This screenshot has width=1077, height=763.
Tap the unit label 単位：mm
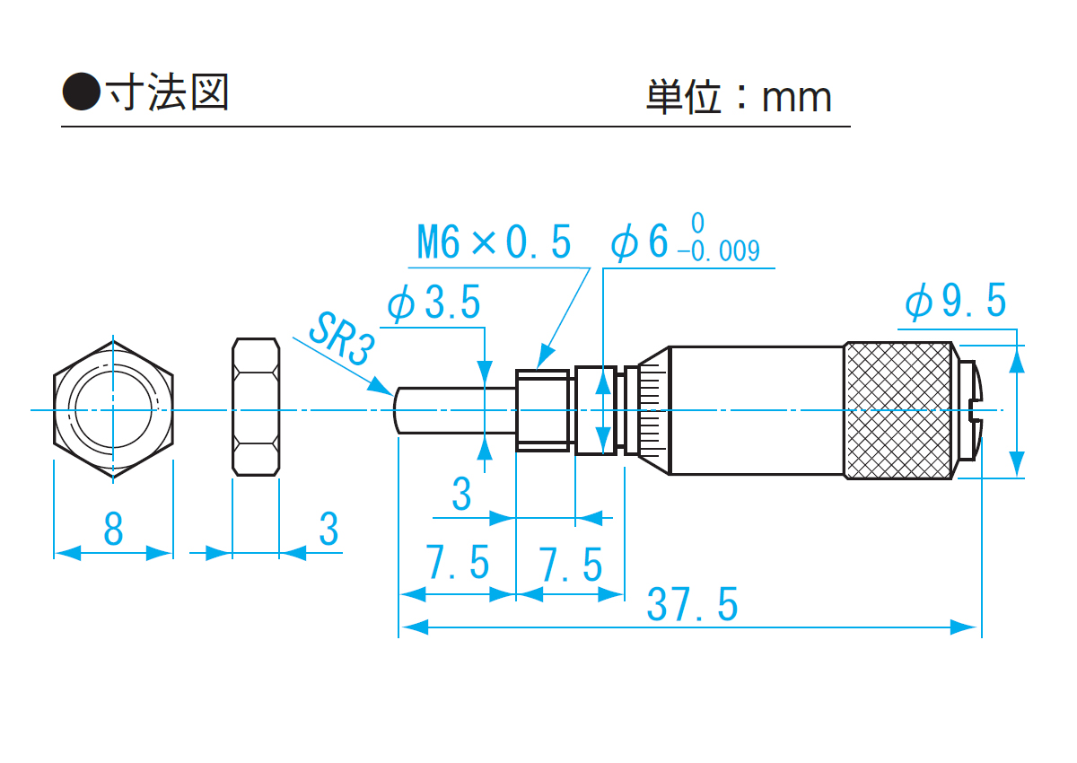click(738, 97)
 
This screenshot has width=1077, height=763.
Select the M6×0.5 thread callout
click(494, 242)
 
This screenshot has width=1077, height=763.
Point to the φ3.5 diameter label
click(434, 304)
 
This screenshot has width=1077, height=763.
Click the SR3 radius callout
click(338, 338)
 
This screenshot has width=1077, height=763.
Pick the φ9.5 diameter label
click(956, 302)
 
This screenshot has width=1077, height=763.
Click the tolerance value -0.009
click(719, 251)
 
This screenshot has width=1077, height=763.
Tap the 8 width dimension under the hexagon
click(113, 531)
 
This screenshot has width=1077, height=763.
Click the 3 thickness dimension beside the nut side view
click(329, 530)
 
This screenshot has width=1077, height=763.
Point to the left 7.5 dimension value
click(458, 564)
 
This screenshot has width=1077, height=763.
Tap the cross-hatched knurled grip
click(897, 410)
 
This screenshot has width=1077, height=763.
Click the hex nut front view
click(113, 408)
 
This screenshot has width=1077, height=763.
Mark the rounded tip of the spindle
click(398, 410)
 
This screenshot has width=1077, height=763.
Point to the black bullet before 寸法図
click(81, 92)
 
